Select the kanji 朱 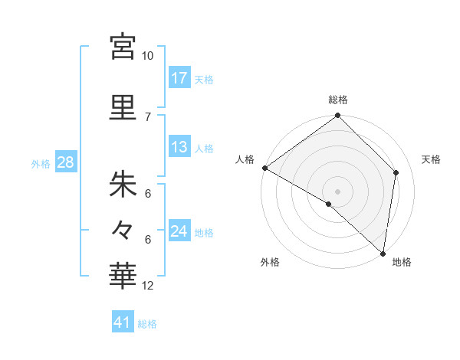[x=123, y=184]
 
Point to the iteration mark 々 [x=123, y=228]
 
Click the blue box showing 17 [x=179, y=78]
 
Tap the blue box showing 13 [x=179, y=147]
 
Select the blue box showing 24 [x=179, y=231]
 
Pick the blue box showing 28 [x=65, y=162]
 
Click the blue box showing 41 [x=123, y=323]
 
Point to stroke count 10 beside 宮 [x=148, y=56]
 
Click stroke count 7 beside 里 [x=148, y=116]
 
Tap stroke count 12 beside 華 [x=148, y=286]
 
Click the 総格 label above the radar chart [x=338, y=100]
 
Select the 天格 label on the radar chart [x=431, y=159]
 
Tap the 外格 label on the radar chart [x=269, y=262]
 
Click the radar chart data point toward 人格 [x=264, y=168]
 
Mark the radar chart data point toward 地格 [x=383, y=254]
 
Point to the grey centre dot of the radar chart [x=337, y=190]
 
